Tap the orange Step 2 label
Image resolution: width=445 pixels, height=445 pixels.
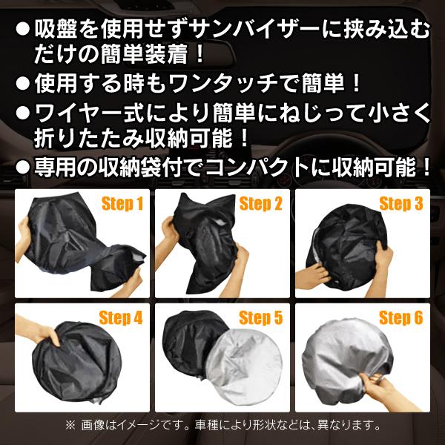coord(260,203)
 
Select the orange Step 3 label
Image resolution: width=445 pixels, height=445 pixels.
coord(400,203)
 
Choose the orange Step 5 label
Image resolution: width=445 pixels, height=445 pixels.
coord(260,319)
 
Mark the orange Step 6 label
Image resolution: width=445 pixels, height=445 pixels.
coord(400,319)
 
